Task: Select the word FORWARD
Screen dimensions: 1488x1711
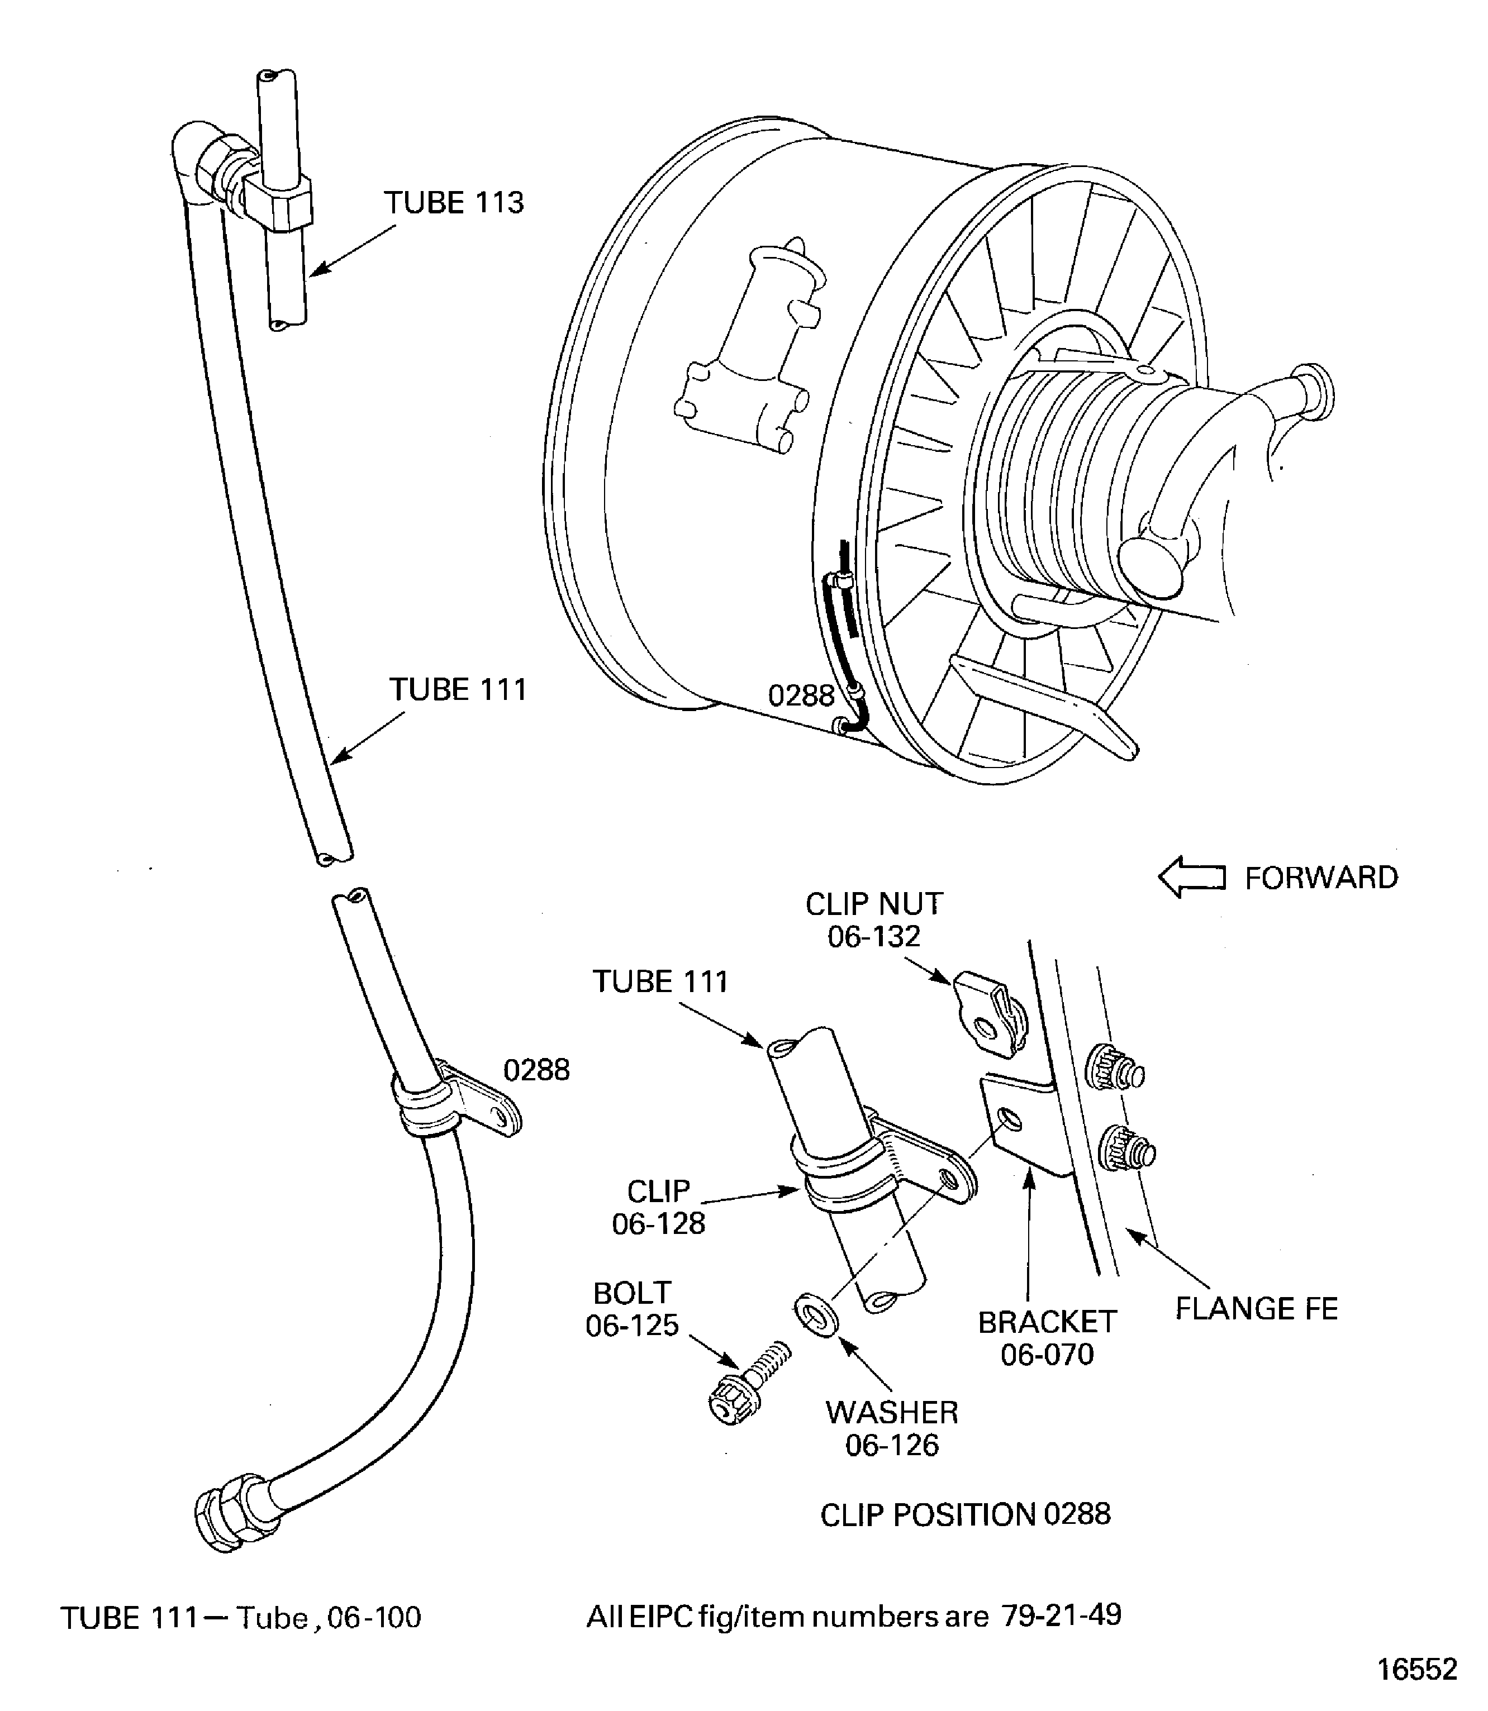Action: coord(1321,878)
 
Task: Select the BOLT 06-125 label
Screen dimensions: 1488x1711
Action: coord(632,1309)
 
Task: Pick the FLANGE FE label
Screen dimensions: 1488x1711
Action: coord(1256,1309)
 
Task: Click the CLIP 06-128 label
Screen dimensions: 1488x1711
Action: coord(658,1207)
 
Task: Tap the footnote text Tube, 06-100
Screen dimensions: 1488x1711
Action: coord(329,1617)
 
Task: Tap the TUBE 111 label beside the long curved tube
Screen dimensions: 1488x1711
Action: coord(458,689)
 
